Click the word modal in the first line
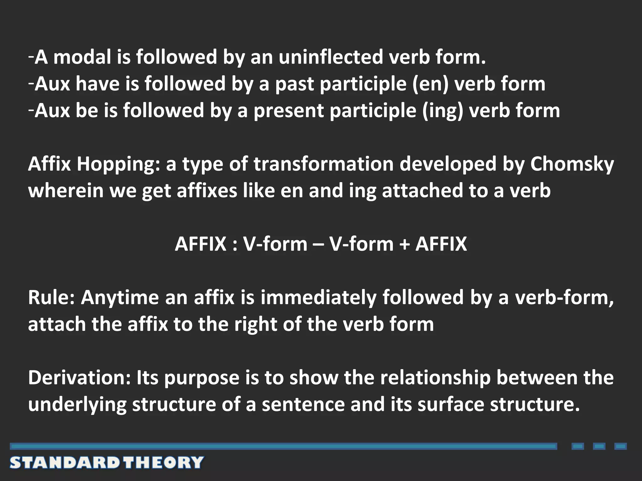pyautogui.click(x=82, y=57)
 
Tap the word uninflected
pyautogui.click(x=331, y=57)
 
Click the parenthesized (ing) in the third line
pyautogui.click(x=442, y=111)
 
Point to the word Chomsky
pyautogui.click(x=572, y=164)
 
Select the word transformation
pyautogui.click(x=323, y=164)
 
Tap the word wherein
pyautogui.click(x=66, y=191)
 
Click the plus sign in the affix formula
pyautogui.click(x=404, y=244)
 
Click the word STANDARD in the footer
pyautogui.click(x=65, y=463)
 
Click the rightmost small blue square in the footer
pyautogui.click(x=620, y=446)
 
